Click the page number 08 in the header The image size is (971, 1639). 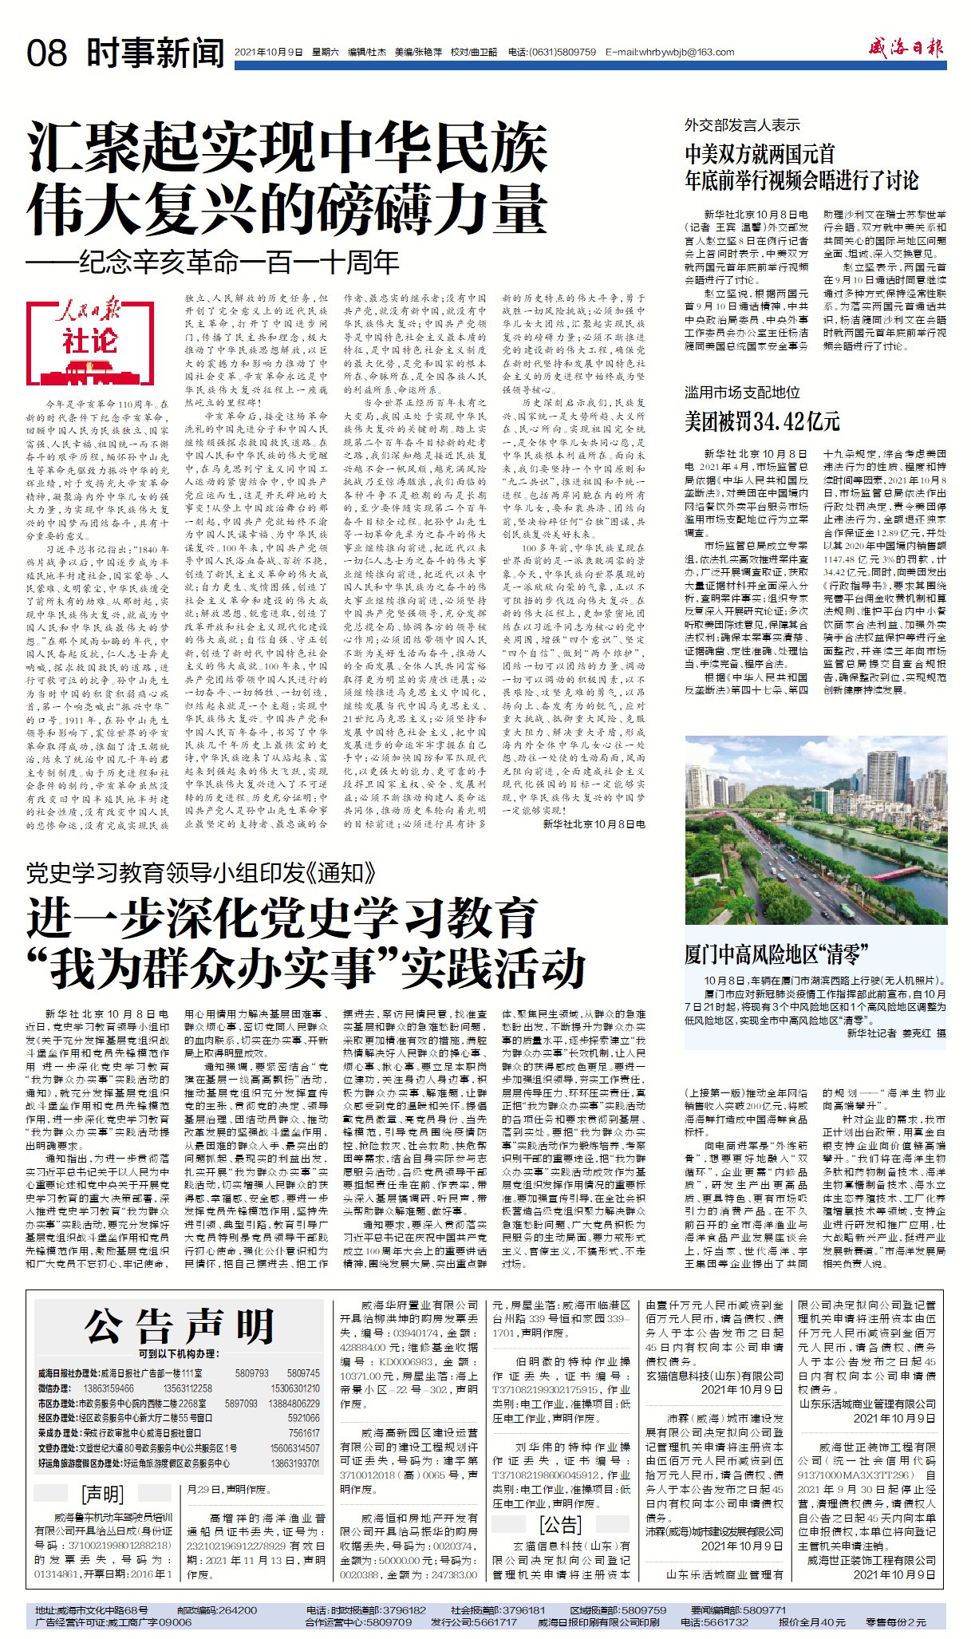[x=47, y=53]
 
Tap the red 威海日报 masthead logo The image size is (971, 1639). [x=906, y=49]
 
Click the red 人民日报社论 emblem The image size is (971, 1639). [x=89, y=333]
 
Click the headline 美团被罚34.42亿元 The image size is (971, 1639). [x=762, y=421]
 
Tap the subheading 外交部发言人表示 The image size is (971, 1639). [x=742, y=125]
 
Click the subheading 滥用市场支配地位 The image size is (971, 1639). [x=742, y=393]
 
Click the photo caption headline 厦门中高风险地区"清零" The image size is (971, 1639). [x=776, y=954]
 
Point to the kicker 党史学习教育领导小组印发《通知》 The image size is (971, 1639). [x=200, y=873]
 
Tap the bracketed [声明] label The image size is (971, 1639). [x=103, y=1495]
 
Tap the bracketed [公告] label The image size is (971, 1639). [x=561, y=1526]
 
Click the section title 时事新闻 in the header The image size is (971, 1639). [x=155, y=53]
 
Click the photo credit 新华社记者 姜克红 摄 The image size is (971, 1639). [x=896, y=1033]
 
